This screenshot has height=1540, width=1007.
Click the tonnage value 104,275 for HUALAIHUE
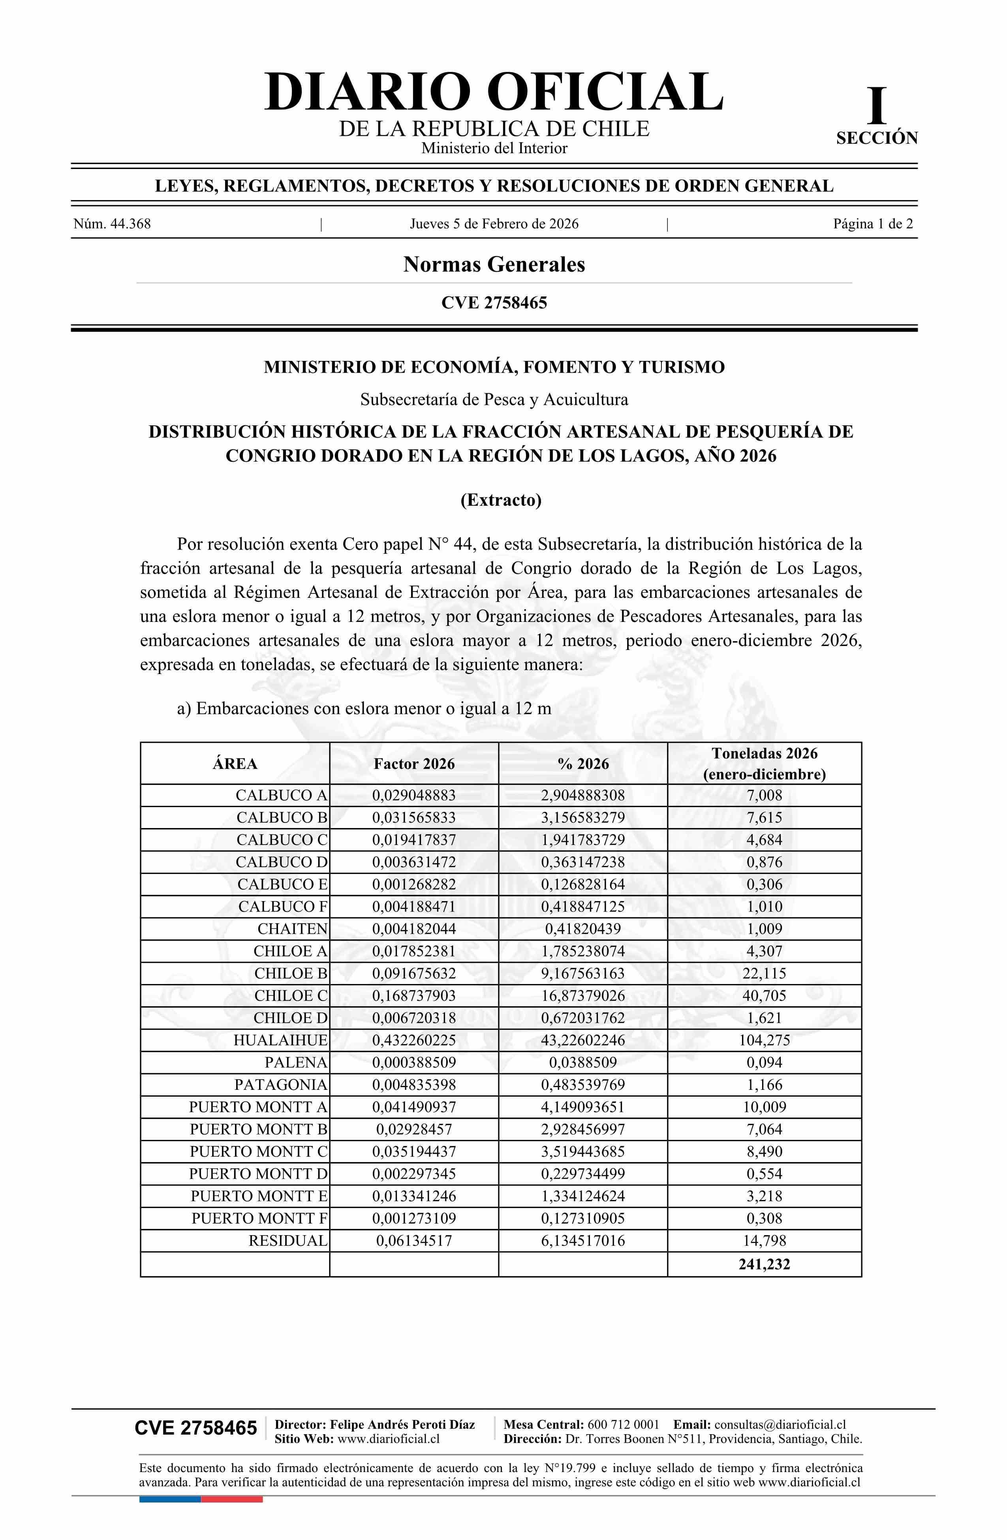tap(764, 1040)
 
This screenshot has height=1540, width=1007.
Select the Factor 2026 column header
tap(414, 764)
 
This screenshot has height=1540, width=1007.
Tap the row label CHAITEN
tap(293, 929)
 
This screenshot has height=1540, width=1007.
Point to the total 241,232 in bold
tap(764, 1264)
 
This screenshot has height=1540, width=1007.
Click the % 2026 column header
tap(583, 764)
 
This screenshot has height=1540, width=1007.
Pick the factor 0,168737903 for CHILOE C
tap(414, 996)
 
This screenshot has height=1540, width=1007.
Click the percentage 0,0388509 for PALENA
tap(583, 1063)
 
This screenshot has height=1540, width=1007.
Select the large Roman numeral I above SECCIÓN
tap(877, 107)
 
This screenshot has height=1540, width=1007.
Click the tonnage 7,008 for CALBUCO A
tap(764, 795)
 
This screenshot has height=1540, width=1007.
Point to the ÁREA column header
tap(235, 764)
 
